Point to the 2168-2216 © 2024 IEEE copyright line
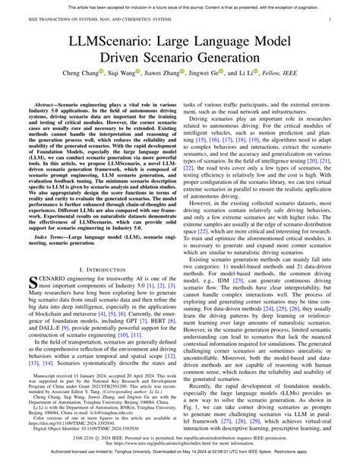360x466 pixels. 180,439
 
